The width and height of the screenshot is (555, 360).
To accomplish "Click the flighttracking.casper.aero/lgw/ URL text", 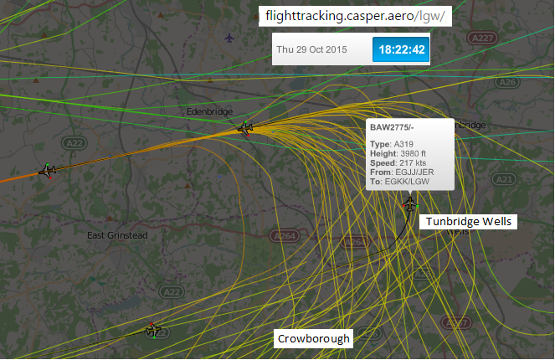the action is (x=355, y=16).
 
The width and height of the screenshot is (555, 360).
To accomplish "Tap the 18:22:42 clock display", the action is (x=402, y=49).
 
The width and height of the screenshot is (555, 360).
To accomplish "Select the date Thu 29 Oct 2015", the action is (x=311, y=49).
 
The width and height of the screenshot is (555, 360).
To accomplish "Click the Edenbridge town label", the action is (x=208, y=110).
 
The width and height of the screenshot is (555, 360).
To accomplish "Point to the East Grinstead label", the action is (x=117, y=235).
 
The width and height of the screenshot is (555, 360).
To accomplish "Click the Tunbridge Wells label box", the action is (x=469, y=222).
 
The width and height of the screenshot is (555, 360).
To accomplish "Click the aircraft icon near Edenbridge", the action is (x=245, y=128).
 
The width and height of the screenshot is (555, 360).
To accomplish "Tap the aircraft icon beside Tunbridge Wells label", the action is (x=410, y=203).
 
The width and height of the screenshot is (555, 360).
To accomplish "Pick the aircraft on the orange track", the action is (x=48, y=171).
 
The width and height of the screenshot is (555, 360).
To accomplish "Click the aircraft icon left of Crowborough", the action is (x=152, y=330).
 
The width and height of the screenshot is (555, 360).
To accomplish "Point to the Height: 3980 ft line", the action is (x=398, y=153).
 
